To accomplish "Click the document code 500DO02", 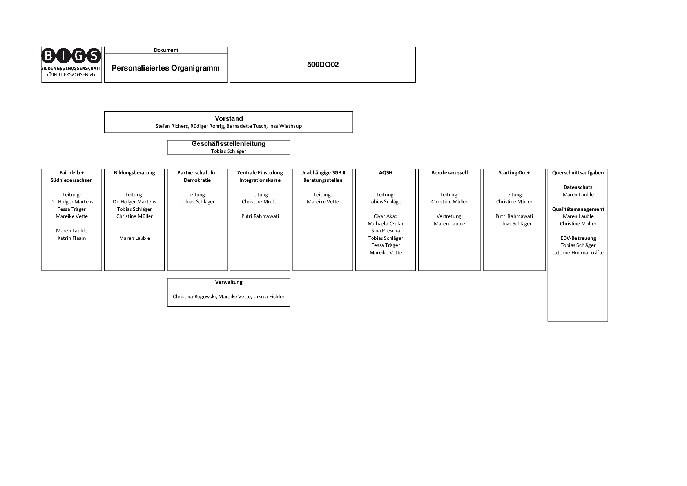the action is (323, 65).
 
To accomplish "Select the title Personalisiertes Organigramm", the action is (166, 68).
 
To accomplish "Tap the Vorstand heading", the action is (229, 118).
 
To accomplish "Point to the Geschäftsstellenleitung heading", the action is (228, 144).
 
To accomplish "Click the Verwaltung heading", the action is (229, 282).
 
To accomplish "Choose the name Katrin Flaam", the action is (72, 238).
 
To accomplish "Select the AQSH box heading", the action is (386, 173).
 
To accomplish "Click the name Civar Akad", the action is (386, 216).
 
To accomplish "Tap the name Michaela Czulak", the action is (386, 224).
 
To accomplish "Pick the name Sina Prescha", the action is (386, 231).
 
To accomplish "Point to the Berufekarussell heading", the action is (450, 173).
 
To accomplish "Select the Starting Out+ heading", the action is (514, 173).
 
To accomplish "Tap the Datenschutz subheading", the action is (578, 187).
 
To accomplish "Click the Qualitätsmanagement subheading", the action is (578, 209).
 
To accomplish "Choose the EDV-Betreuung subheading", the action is (578, 238).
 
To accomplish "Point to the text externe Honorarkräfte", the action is (578, 253).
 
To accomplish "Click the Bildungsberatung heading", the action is (134, 173).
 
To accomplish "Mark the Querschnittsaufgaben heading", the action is (578, 173).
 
